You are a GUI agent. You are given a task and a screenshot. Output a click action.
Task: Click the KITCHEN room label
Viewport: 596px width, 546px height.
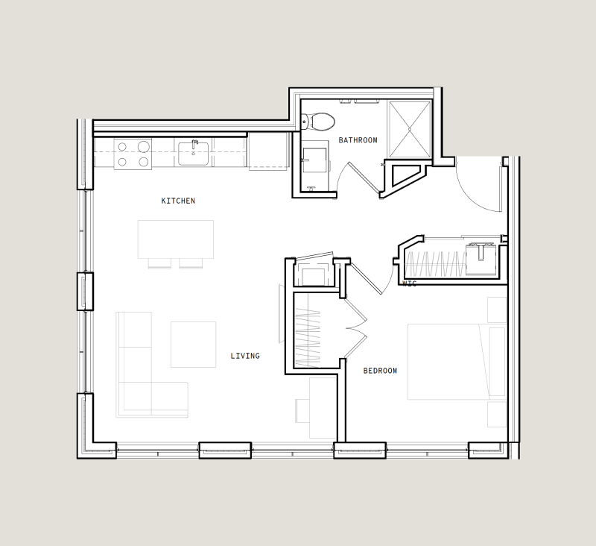click(178, 201)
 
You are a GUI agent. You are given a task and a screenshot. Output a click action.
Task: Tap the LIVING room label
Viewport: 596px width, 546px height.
click(245, 356)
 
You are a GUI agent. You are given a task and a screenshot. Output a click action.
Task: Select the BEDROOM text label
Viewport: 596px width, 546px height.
click(380, 371)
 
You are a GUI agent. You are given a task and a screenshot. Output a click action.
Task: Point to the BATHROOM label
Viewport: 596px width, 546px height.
click(358, 140)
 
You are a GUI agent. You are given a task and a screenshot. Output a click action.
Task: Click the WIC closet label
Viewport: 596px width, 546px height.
click(409, 284)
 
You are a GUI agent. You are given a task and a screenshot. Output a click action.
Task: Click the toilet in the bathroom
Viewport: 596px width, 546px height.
click(321, 120)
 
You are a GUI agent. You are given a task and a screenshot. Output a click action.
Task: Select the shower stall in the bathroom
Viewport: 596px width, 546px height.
click(409, 129)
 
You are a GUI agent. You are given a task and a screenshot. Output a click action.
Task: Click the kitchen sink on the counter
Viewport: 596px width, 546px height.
click(194, 152)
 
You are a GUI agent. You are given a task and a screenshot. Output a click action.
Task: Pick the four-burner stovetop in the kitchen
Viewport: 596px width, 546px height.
click(133, 154)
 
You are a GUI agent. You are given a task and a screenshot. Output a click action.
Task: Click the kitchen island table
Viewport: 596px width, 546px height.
click(176, 239)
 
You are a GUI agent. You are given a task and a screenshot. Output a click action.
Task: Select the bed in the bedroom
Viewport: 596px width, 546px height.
click(457, 361)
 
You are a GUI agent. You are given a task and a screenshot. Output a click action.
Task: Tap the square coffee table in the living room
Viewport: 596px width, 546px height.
click(193, 344)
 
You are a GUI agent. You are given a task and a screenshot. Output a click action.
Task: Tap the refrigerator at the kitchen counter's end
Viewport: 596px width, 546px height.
click(267, 151)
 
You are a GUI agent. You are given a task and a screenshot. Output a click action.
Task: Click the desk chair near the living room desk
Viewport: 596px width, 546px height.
click(302, 410)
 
